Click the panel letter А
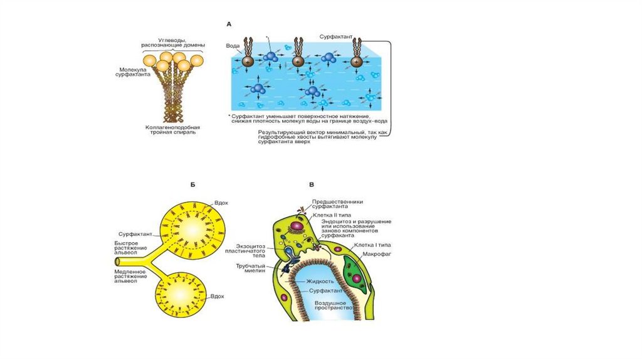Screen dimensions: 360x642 (229, 24)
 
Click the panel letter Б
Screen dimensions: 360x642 (193, 184)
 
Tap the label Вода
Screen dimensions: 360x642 (233, 46)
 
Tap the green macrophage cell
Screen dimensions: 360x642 (355, 271)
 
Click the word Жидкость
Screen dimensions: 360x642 (319, 282)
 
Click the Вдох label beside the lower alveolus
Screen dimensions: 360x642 (218, 295)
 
